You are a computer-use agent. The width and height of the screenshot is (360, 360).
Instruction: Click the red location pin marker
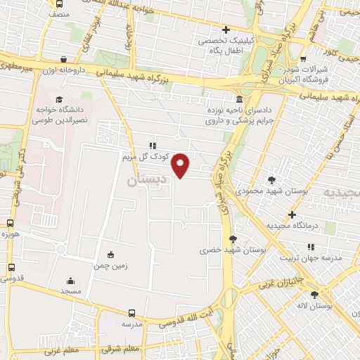click(181, 165)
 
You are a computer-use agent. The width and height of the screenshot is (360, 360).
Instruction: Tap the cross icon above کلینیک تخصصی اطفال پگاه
click(226, 30)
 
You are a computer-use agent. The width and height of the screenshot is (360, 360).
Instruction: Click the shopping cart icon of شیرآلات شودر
click(303, 60)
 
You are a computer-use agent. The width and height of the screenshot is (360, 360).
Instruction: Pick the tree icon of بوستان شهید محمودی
click(272, 180)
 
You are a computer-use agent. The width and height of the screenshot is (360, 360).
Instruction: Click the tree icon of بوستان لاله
click(314, 295)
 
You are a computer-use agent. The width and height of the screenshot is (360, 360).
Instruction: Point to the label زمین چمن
click(110, 266)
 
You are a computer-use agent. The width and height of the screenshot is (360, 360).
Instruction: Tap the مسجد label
click(71, 291)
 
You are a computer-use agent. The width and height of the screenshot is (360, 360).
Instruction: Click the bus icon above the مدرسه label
click(131, 314)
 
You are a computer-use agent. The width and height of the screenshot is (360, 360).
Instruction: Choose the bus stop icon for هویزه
click(10, 223)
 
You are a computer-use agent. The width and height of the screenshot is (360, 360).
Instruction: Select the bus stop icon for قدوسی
click(11, 268)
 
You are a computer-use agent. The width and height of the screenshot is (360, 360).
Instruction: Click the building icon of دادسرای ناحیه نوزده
click(240, 99)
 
